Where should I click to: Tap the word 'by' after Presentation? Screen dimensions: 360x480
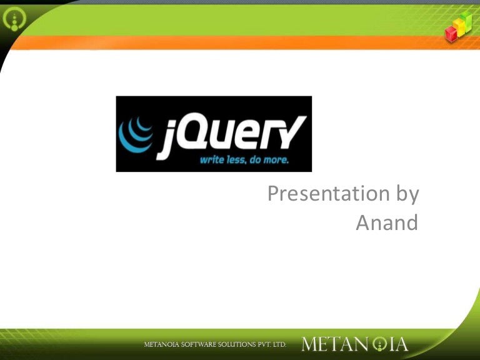tap(406, 194)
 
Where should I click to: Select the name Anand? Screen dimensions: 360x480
tap(387, 223)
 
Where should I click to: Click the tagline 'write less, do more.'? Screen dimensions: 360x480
tap(244, 160)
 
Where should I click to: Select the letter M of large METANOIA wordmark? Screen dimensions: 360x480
tap(311, 344)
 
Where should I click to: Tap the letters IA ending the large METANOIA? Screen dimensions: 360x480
tap(397, 344)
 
